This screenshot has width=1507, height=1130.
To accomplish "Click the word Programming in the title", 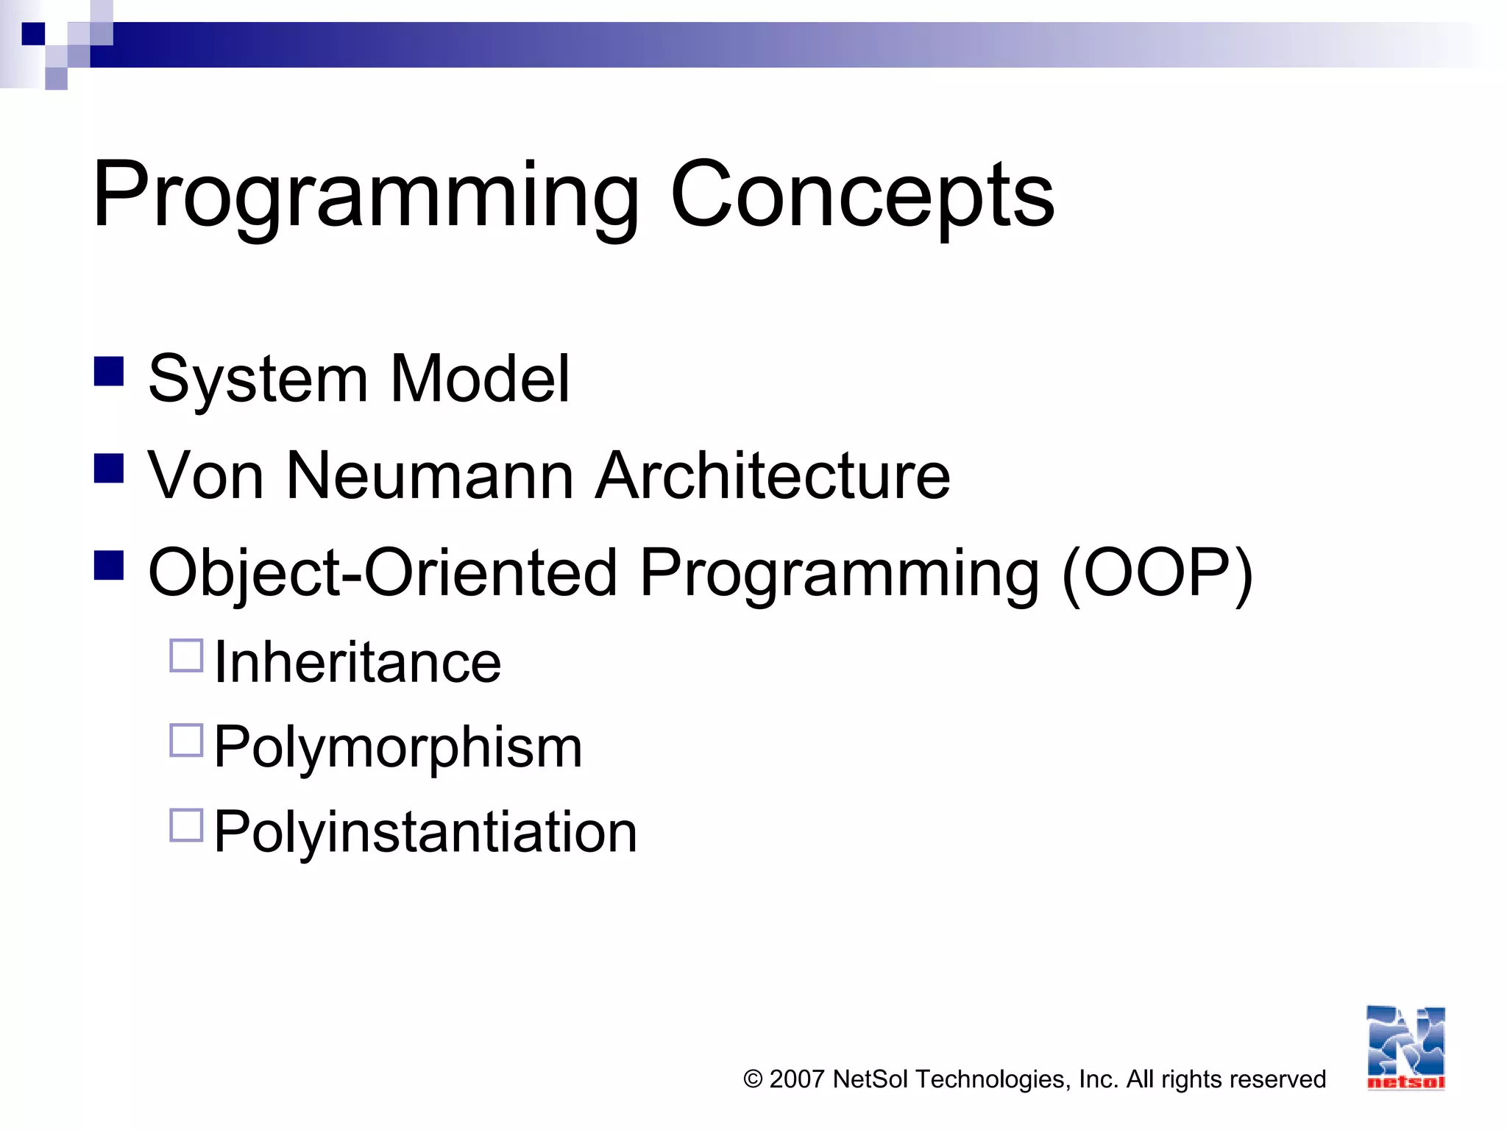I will pos(366,197).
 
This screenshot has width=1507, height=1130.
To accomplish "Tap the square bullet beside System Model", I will pos(109,372).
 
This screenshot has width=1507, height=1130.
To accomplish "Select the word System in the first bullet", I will pos(258,380).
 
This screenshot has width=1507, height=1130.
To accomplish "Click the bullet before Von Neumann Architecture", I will pos(109,468).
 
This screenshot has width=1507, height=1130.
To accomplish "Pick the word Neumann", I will pos(430,476).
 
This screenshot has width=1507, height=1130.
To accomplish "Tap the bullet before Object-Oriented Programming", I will pos(109,565).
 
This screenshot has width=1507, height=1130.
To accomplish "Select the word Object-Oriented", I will pos(382,573).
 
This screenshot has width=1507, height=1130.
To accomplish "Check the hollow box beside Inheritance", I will pos(186,655).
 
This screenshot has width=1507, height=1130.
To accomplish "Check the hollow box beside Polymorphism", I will pos(186,740).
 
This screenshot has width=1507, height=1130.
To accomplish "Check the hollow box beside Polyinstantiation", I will pos(186,825).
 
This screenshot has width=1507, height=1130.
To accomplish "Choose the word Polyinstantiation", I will pos(425,832).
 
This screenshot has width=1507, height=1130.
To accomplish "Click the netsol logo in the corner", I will pos(1405,1048).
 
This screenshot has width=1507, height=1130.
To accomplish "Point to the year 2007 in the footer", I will pos(797,1079).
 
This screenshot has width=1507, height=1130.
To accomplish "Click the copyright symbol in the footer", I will pos(753,1079).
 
